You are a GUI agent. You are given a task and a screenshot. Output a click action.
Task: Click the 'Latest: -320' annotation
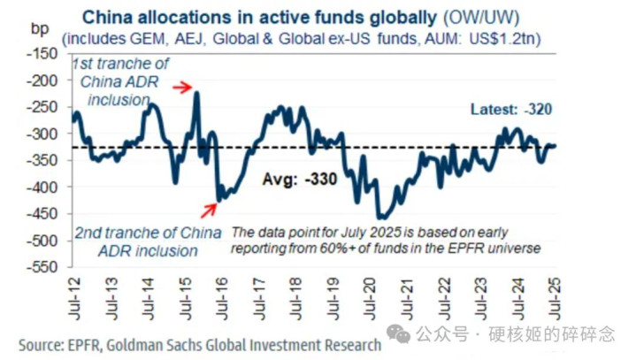(x=513, y=111)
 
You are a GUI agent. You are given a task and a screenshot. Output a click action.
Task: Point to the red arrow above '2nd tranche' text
(x=210, y=209)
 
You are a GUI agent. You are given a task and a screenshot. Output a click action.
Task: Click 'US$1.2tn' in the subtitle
(x=510, y=40)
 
